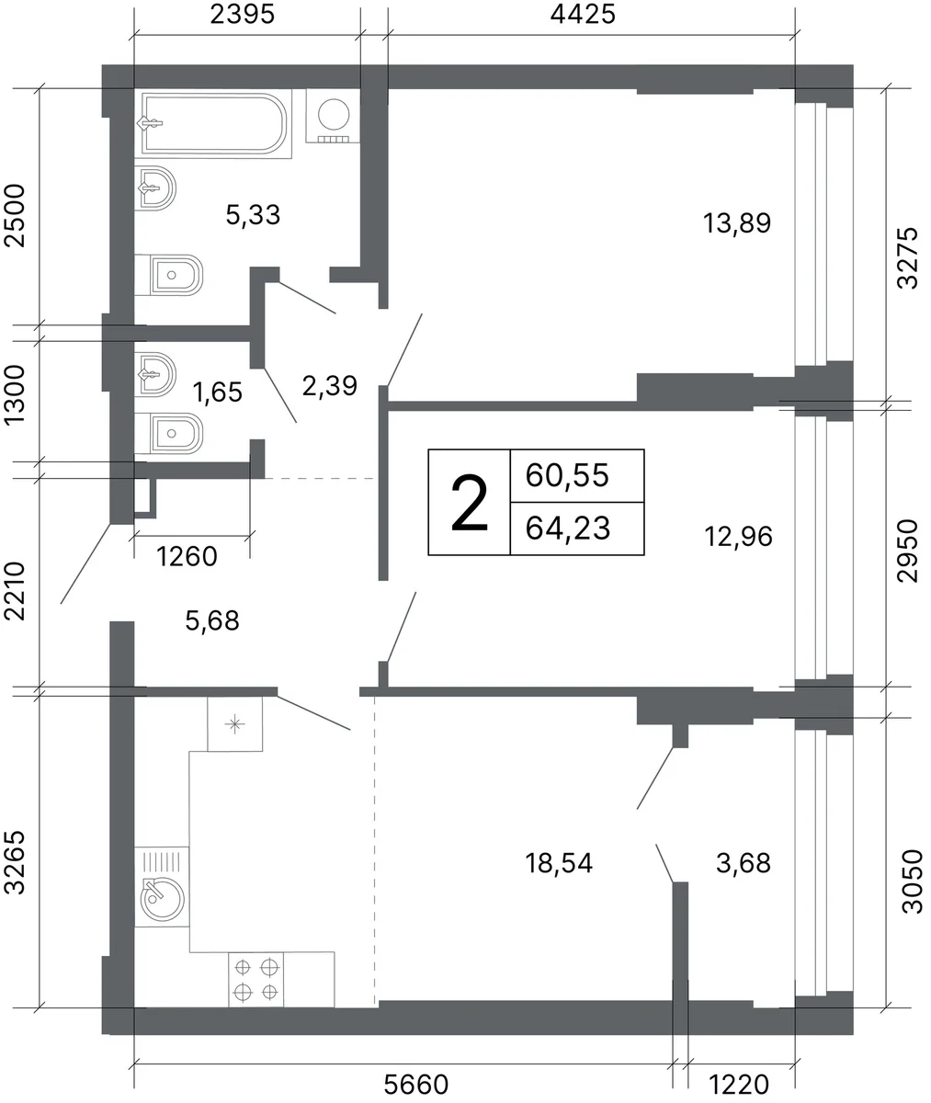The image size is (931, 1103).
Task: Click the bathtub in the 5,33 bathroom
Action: click(x=213, y=124)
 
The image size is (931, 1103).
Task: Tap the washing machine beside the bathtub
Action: click(x=334, y=116)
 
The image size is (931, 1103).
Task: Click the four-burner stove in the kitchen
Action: click(x=256, y=980)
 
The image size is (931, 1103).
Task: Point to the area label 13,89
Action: click(x=737, y=223)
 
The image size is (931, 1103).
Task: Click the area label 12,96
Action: click(x=739, y=536)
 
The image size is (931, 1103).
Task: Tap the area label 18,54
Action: click(x=559, y=863)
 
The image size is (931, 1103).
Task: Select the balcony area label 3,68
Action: click(x=744, y=863)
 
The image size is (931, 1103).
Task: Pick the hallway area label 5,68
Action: click(x=212, y=620)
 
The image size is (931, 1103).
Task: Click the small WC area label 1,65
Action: click(x=217, y=392)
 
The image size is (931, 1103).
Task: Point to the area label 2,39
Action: click(x=330, y=386)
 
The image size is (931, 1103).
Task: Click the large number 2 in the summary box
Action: click(x=470, y=503)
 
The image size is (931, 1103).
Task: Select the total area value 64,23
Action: click(x=568, y=529)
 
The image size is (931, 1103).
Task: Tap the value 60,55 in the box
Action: click(x=567, y=475)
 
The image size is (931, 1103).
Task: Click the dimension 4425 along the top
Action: click(x=583, y=15)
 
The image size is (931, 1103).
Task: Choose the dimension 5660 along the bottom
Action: click(x=415, y=1085)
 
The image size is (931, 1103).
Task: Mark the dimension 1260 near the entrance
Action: click(x=187, y=556)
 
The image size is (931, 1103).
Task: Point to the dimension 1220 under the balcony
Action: click(x=739, y=1085)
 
